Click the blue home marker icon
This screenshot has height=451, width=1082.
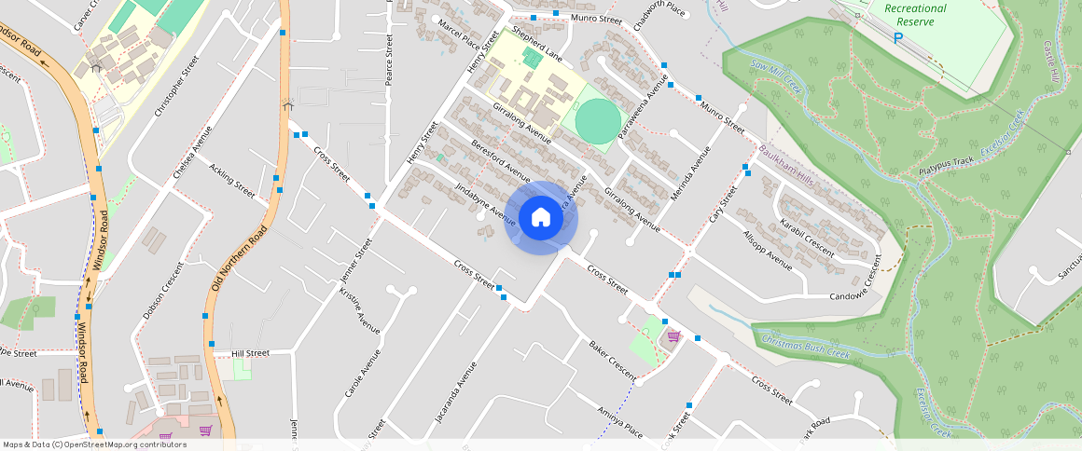[x=541, y=218]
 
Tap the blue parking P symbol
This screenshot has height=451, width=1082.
[x=898, y=38]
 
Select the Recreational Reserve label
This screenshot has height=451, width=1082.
[x=915, y=14]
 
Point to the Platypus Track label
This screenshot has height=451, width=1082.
[x=946, y=168]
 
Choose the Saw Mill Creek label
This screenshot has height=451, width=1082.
[x=776, y=76]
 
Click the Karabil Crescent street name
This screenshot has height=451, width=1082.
[x=808, y=239]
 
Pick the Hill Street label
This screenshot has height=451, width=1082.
[x=250, y=354]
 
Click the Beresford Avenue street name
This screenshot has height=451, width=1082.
[x=501, y=161]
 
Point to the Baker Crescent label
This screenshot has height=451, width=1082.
[x=612, y=359]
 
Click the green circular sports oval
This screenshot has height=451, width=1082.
[x=597, y=120]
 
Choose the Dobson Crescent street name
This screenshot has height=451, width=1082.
[x=164, y=289]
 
